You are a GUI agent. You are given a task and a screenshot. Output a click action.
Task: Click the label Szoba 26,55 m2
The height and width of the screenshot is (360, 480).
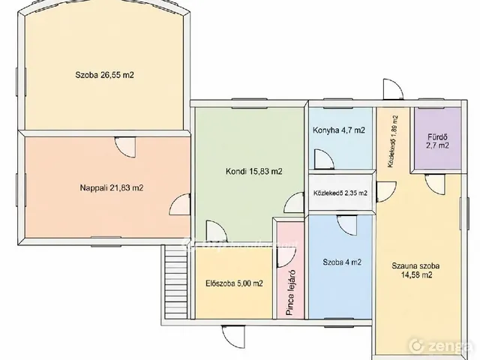tap(104, 75)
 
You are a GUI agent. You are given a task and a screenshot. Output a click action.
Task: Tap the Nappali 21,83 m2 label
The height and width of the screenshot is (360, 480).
tap(112, 187)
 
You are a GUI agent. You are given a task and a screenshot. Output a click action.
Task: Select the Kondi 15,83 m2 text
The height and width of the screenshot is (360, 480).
tap(253, 172)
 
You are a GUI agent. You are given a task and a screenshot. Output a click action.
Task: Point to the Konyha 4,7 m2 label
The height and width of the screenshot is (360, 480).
tap(339, 130)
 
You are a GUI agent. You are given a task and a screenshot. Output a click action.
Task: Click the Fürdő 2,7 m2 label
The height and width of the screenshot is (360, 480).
tap(438, 142)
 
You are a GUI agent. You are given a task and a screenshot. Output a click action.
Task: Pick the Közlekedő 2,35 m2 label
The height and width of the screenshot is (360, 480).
tap(340, 193)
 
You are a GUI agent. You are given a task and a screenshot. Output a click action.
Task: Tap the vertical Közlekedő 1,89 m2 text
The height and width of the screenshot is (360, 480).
tap(393, 142)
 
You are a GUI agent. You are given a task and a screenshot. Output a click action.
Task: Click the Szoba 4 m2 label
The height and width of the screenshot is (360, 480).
tap(342, 262)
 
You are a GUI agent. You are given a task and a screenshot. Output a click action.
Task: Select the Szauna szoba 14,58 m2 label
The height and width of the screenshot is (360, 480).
tap(416, 270)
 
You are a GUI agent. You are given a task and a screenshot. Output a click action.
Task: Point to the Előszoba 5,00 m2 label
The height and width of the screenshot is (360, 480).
tap(234, 283)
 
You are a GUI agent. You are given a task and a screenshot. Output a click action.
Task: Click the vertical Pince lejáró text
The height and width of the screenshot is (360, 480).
tap(290, 293)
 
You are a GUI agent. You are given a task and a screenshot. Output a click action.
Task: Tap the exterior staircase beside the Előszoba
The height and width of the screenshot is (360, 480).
tap(175, 282)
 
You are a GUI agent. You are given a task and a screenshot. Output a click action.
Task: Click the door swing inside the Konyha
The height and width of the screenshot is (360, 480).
tap(324, 159)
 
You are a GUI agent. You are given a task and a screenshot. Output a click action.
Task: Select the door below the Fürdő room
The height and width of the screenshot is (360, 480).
tap(435, 183)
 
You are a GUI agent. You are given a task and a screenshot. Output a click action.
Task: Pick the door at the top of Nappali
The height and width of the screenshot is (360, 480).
tap(125, 147)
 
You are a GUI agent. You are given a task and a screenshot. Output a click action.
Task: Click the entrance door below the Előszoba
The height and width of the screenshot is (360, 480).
tap(233, 337)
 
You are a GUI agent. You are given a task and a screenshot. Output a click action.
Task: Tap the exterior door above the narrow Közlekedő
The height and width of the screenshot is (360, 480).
tap(393, 89)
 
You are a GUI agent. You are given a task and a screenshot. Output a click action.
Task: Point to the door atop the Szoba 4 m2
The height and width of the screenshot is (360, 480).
tap(347, 225)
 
